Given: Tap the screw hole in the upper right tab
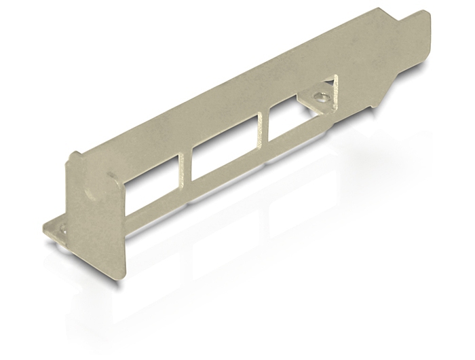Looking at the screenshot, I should (x=323, y=97).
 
